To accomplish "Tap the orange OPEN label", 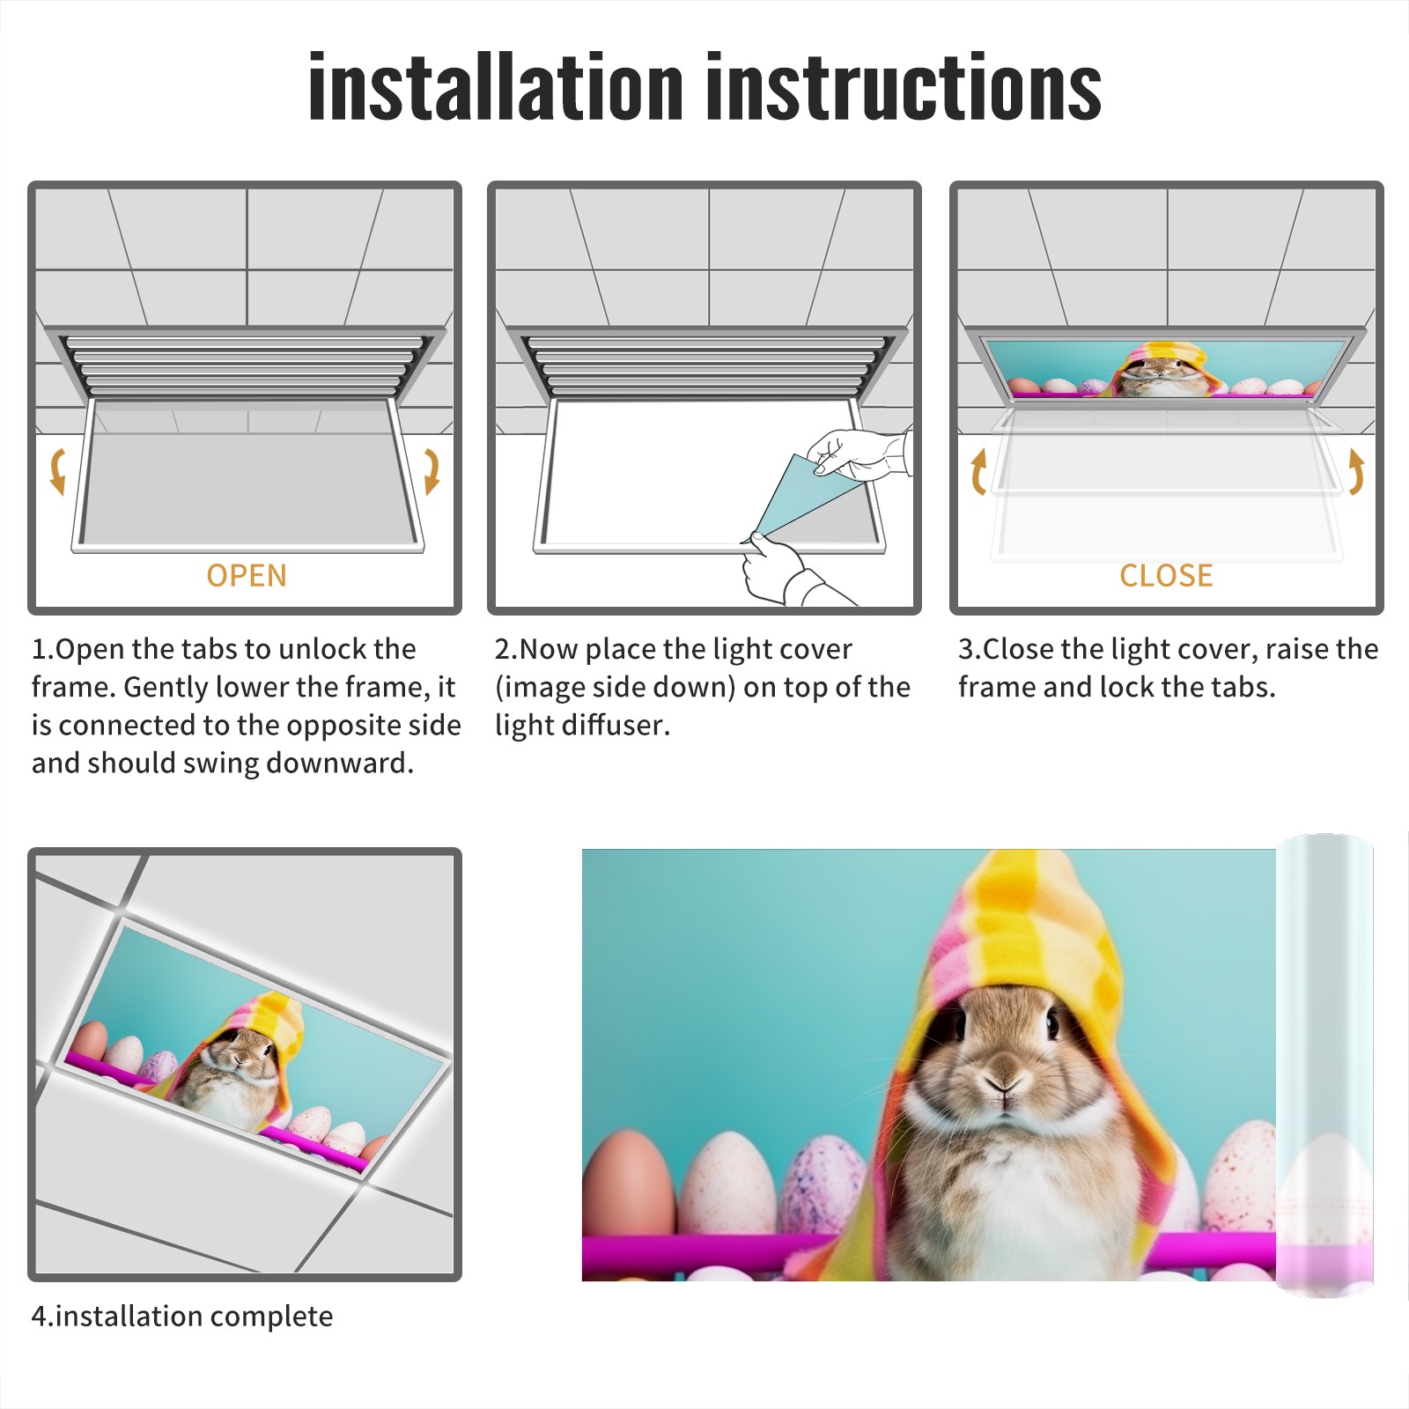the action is pos(247,575).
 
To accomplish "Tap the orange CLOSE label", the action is pos(1166,575).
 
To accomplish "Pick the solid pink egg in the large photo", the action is pos(629,1184).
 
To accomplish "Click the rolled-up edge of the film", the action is pos(1325,1066).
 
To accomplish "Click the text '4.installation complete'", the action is pos(182,1316).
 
